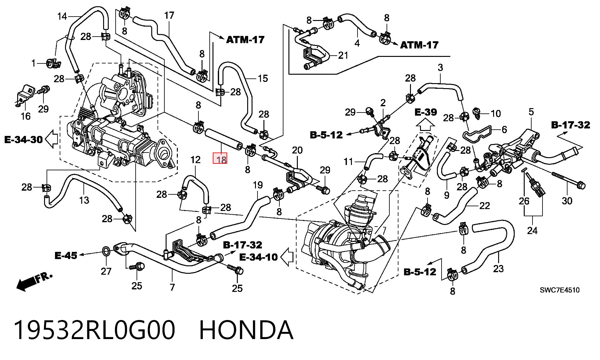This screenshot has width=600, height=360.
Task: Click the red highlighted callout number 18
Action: [x=220, y=158]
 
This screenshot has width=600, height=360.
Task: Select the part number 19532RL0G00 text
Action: [x=94, y=330]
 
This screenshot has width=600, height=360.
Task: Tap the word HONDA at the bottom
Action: [x=246, y=330]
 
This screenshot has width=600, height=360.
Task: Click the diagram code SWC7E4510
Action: [x=560, y=290]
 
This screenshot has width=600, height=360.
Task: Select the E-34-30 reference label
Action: [x=23, y=139]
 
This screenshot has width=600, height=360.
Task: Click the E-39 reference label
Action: [x=426, y=112]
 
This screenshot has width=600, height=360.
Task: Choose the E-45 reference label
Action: [x=66, y=256]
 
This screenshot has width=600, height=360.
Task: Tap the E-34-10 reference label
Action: [x=258, y=257]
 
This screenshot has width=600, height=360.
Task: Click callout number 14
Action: [x=62, y=16]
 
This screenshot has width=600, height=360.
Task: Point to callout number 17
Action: [x=169, y=15]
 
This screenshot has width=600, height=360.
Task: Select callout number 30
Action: [x=567, y=201]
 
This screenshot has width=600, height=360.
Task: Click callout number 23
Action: [x=498, y=268]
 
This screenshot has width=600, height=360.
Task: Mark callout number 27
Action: [x=106, y=271]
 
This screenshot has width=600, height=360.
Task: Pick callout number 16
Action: [x=26, y=116]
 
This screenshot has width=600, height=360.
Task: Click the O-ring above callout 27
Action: [x=106, y=251]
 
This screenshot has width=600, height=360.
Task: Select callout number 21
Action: [x=343, y=55]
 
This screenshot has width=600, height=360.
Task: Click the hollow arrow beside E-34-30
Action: [x=52, y=139]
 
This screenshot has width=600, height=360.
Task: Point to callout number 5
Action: [x=531, y=112]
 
